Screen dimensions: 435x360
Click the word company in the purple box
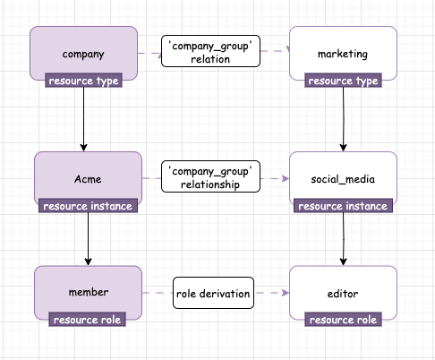83,55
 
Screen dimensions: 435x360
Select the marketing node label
343,54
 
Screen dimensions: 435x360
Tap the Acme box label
88,179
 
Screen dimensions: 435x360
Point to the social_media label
343,179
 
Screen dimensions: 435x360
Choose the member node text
89,292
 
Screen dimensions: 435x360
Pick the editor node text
343,294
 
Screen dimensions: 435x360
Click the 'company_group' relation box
210,51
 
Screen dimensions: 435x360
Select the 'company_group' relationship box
210,176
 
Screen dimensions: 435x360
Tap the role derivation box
213,293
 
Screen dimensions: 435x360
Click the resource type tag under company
83,81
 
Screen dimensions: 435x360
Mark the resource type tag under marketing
343,81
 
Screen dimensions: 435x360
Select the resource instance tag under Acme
88,206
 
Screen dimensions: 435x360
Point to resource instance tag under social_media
343,206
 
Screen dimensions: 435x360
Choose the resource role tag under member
87,320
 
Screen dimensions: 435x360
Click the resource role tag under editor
343,320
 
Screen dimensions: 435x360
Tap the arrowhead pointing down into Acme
84,148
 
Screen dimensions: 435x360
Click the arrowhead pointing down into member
88,261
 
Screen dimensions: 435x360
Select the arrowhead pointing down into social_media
343,148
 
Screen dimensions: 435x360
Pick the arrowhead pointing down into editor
343,261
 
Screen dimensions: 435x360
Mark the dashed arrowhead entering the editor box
286,293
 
